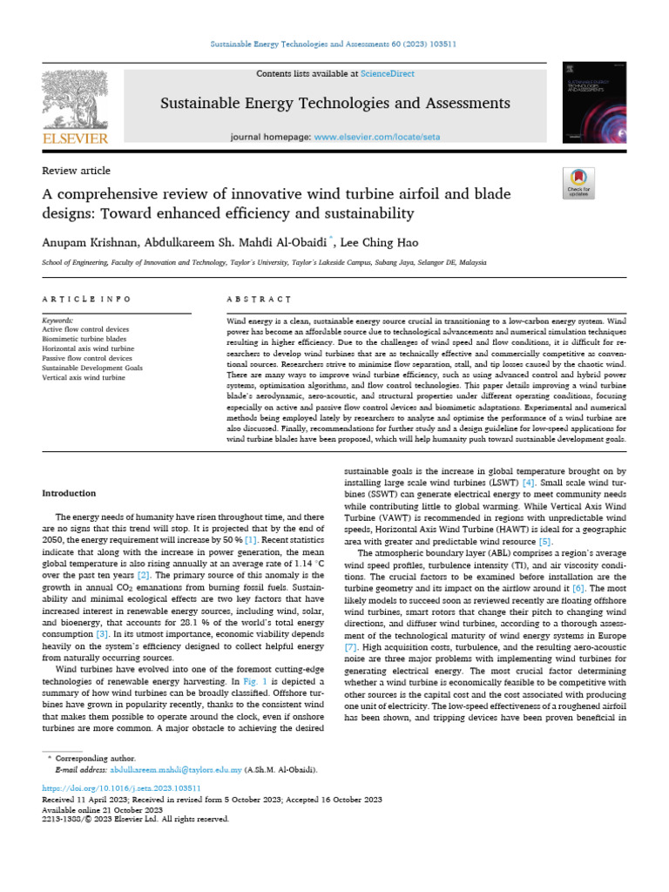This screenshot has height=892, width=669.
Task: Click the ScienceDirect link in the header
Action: point(365,74)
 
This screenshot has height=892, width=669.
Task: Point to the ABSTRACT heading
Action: point(258,299)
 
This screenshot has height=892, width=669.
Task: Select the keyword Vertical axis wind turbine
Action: point(84,378)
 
